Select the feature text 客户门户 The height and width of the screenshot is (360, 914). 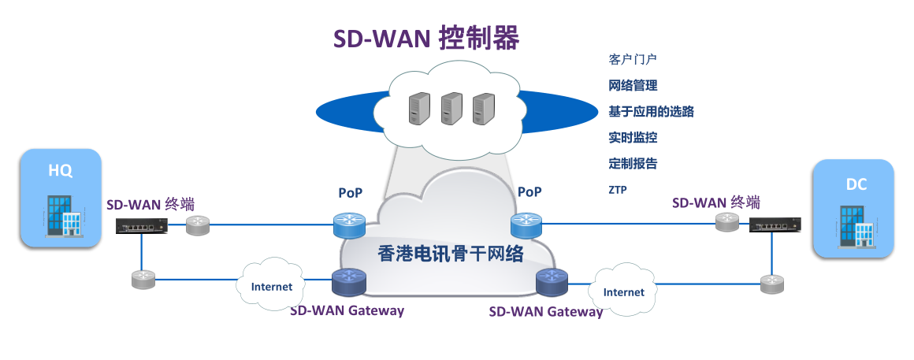point(633,60)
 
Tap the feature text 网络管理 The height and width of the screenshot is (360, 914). point(633,86)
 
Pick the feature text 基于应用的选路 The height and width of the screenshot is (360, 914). point(651,112)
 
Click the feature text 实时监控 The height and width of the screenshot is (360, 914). point(633,138)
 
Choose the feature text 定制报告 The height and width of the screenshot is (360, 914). point(633,164)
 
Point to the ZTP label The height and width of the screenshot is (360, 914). point(618,190)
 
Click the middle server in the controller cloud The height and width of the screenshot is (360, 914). point(451,109)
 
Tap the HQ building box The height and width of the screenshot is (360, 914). point(61,198)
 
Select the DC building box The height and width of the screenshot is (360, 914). point(854,208)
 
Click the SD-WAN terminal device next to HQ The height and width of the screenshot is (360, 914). point(143,226)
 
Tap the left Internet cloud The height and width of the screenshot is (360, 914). point(271,286)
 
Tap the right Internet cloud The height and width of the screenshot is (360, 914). point(623,291)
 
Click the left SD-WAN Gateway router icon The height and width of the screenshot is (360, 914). point(349,282)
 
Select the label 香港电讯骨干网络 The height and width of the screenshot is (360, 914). point(451,254)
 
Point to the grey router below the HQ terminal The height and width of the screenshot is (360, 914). point(143,279)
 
